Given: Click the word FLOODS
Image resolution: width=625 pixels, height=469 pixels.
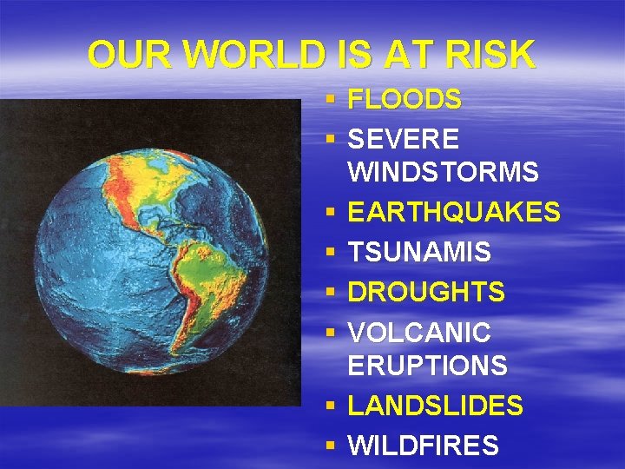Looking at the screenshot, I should click(x=405, y=100).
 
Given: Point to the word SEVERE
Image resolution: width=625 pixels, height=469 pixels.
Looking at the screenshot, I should click(x=405, y=139).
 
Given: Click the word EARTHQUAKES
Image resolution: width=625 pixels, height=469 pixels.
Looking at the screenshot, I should click(x=454, y=212).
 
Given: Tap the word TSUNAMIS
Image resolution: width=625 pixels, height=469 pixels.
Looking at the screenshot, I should click(x=419, y=253).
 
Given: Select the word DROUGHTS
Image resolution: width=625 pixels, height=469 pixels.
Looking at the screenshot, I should click(x=426, y=292).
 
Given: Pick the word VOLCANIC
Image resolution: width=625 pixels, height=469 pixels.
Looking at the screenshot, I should click(x=419, y=332).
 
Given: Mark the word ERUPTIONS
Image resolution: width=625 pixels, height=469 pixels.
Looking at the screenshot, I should click(x=427, y=366).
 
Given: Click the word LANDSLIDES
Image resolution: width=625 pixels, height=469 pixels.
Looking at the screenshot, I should click(x=435, y=406).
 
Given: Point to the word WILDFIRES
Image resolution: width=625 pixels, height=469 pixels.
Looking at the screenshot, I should click(x=424, y=446).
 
